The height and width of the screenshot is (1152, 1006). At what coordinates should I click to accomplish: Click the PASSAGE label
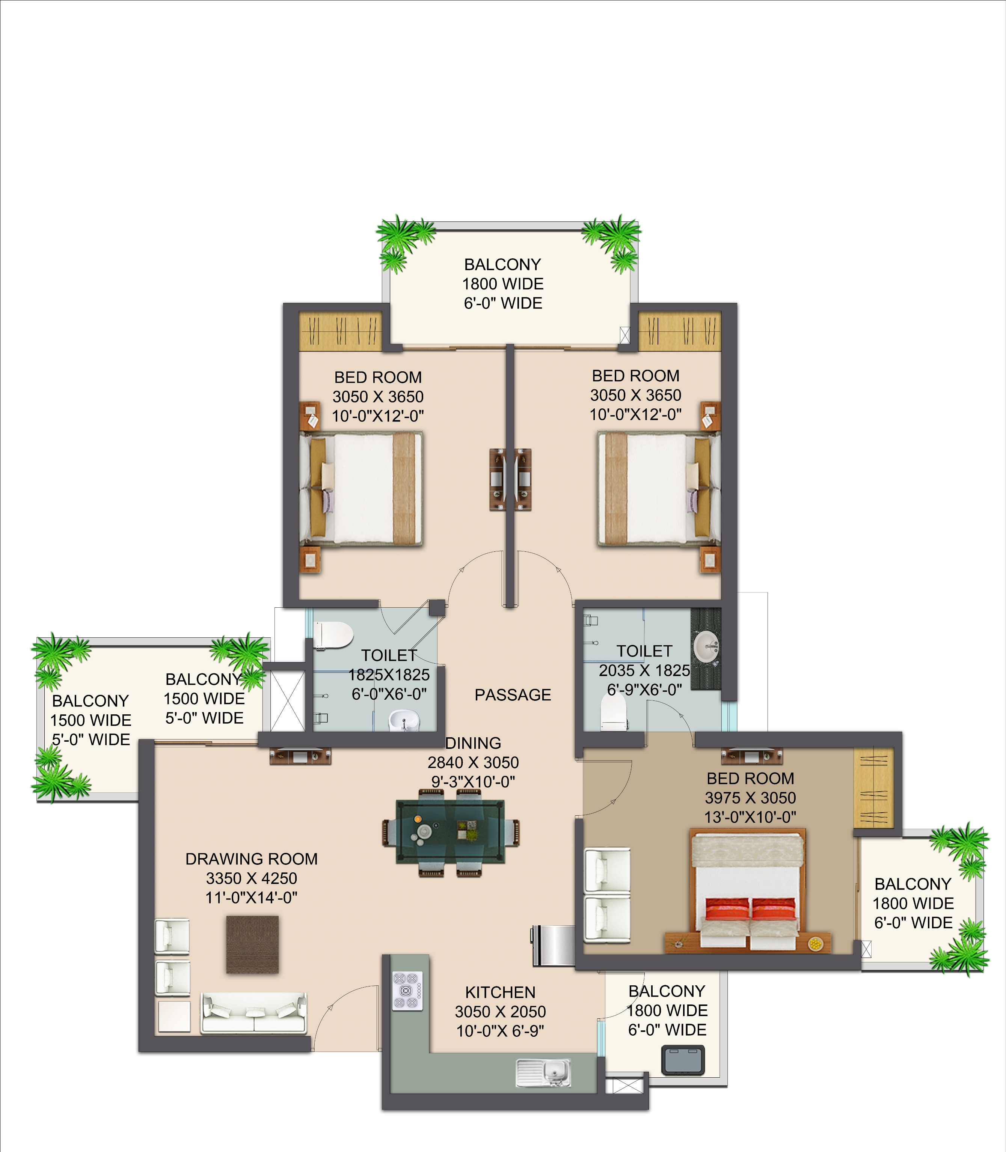coord(513,695)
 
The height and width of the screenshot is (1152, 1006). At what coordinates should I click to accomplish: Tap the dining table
coord(451,832)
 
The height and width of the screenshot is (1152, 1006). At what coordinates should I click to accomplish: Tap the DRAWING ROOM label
coord(252,859)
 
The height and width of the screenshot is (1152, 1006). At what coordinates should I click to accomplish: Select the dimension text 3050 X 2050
coord(500,1012)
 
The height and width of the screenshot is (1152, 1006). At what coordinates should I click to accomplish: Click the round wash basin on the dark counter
coord(706,647)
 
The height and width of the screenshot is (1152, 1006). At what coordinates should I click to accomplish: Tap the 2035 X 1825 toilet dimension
coord(644,670)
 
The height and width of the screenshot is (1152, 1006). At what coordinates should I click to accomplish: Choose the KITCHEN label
coord(500,992)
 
